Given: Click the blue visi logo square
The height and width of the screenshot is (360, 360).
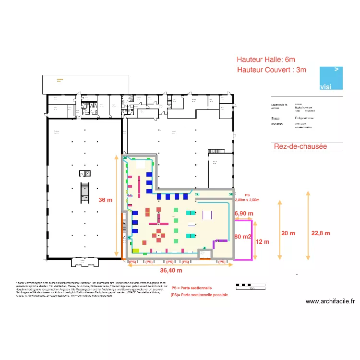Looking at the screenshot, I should pos(332,78).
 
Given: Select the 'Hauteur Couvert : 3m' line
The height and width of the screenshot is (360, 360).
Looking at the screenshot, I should pos(271,70).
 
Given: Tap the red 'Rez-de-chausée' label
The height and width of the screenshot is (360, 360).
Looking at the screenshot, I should pos(300,146).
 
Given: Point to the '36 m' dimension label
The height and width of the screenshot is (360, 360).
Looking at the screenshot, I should pos(105,200).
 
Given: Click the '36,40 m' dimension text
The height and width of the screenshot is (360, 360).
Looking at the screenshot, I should pos(170,271).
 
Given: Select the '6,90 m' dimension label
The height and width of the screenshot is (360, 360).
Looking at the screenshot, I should pos(243,213).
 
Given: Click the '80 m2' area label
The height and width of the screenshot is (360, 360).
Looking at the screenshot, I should pos(243,237).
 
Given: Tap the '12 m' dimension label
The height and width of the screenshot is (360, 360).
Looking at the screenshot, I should pos(262,241).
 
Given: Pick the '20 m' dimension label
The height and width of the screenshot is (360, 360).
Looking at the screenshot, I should pos(288,233).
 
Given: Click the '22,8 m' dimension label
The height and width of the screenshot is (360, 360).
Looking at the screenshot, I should pos(321,233).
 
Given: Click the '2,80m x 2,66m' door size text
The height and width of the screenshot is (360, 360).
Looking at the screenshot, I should pos(247,200).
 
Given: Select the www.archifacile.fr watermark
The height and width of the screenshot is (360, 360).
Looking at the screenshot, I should pos(330,302).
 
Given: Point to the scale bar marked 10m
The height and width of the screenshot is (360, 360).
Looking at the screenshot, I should pos(251,287).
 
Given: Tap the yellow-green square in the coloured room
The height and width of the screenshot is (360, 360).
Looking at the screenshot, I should pos(136,251).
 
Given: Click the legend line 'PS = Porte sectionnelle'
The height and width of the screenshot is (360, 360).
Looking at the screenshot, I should pos(191,288).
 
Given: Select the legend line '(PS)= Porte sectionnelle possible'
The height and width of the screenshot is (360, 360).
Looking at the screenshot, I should pos(199,295).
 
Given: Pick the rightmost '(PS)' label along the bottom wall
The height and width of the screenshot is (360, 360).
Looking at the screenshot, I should pos(221,262).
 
